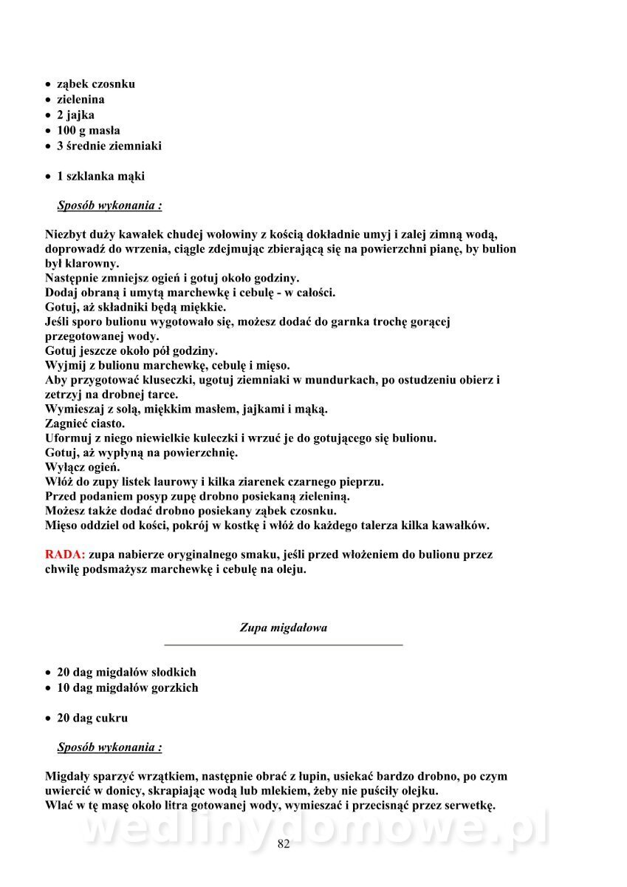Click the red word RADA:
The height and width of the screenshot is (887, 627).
click(65, 554)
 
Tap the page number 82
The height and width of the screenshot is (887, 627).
click(284, 845)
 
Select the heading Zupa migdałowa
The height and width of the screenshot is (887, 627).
click(284, 628)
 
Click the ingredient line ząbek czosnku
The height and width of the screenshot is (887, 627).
click(95, 84)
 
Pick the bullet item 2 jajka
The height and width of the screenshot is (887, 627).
click(75, 115)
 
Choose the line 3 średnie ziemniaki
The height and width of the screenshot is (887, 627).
click(109, 146)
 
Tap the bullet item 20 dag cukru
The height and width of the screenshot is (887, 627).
click(92, 718)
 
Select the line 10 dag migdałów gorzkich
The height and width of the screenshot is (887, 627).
click(127, 688)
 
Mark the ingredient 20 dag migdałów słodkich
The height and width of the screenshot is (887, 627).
click(126, 673)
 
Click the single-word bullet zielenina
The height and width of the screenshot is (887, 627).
click(80, 100)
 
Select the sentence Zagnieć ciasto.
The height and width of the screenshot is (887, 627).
click(85, 424)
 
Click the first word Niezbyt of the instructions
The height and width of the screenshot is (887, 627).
click(65, 235)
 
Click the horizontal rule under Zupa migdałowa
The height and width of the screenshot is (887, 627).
click(284, 645)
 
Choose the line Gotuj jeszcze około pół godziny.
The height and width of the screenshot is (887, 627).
click(131, 351)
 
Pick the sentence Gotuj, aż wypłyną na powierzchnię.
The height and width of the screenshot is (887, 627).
click(141, 453)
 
